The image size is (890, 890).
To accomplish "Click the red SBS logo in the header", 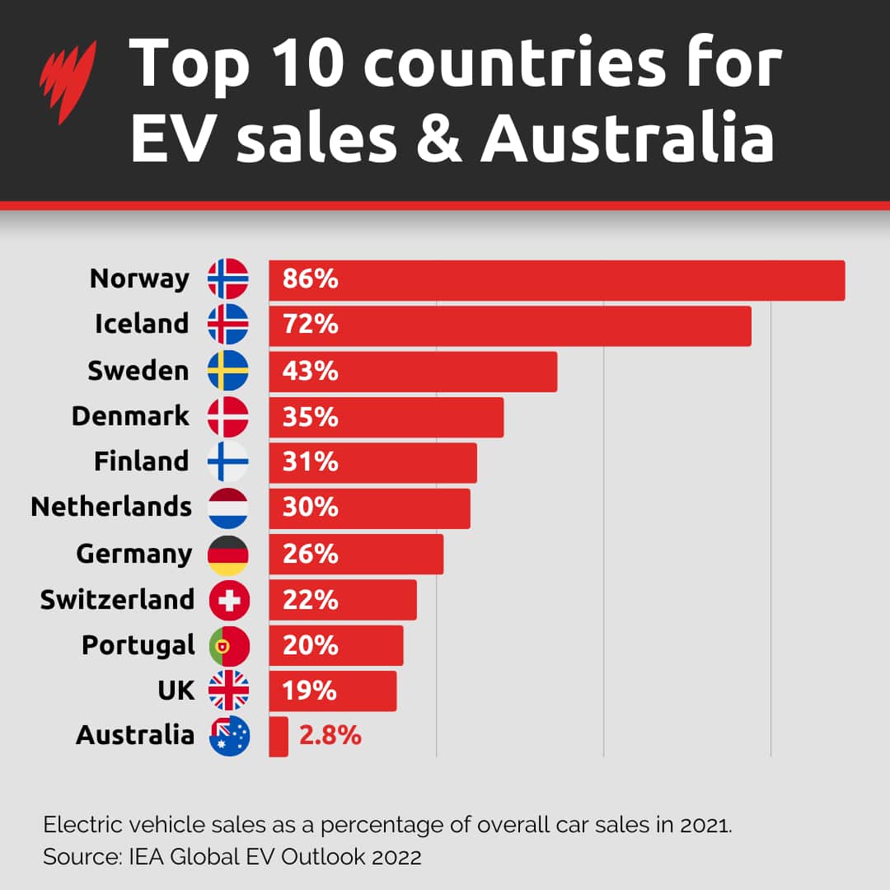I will click(68, 82).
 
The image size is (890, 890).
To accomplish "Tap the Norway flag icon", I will click(227, 279).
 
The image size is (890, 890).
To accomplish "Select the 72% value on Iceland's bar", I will click(310, 325).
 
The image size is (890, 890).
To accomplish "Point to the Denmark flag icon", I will click(227, 416).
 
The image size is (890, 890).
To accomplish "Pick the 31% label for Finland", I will click(310, 462).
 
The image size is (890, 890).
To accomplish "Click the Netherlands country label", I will click(111, 507).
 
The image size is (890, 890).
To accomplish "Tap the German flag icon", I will click(227, 555).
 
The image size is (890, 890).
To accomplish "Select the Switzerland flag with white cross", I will click(228, 600).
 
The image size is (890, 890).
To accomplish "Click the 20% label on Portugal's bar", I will click(310, 646).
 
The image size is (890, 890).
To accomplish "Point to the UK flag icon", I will click(228, 691).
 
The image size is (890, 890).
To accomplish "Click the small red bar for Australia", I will click(279, 736).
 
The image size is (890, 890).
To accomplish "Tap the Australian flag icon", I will click(229, 736).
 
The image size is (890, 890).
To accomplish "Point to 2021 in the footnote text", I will click(707, 825).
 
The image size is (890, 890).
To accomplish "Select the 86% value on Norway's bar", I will click(310, 279).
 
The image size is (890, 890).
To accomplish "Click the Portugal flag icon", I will click(228, 645).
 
